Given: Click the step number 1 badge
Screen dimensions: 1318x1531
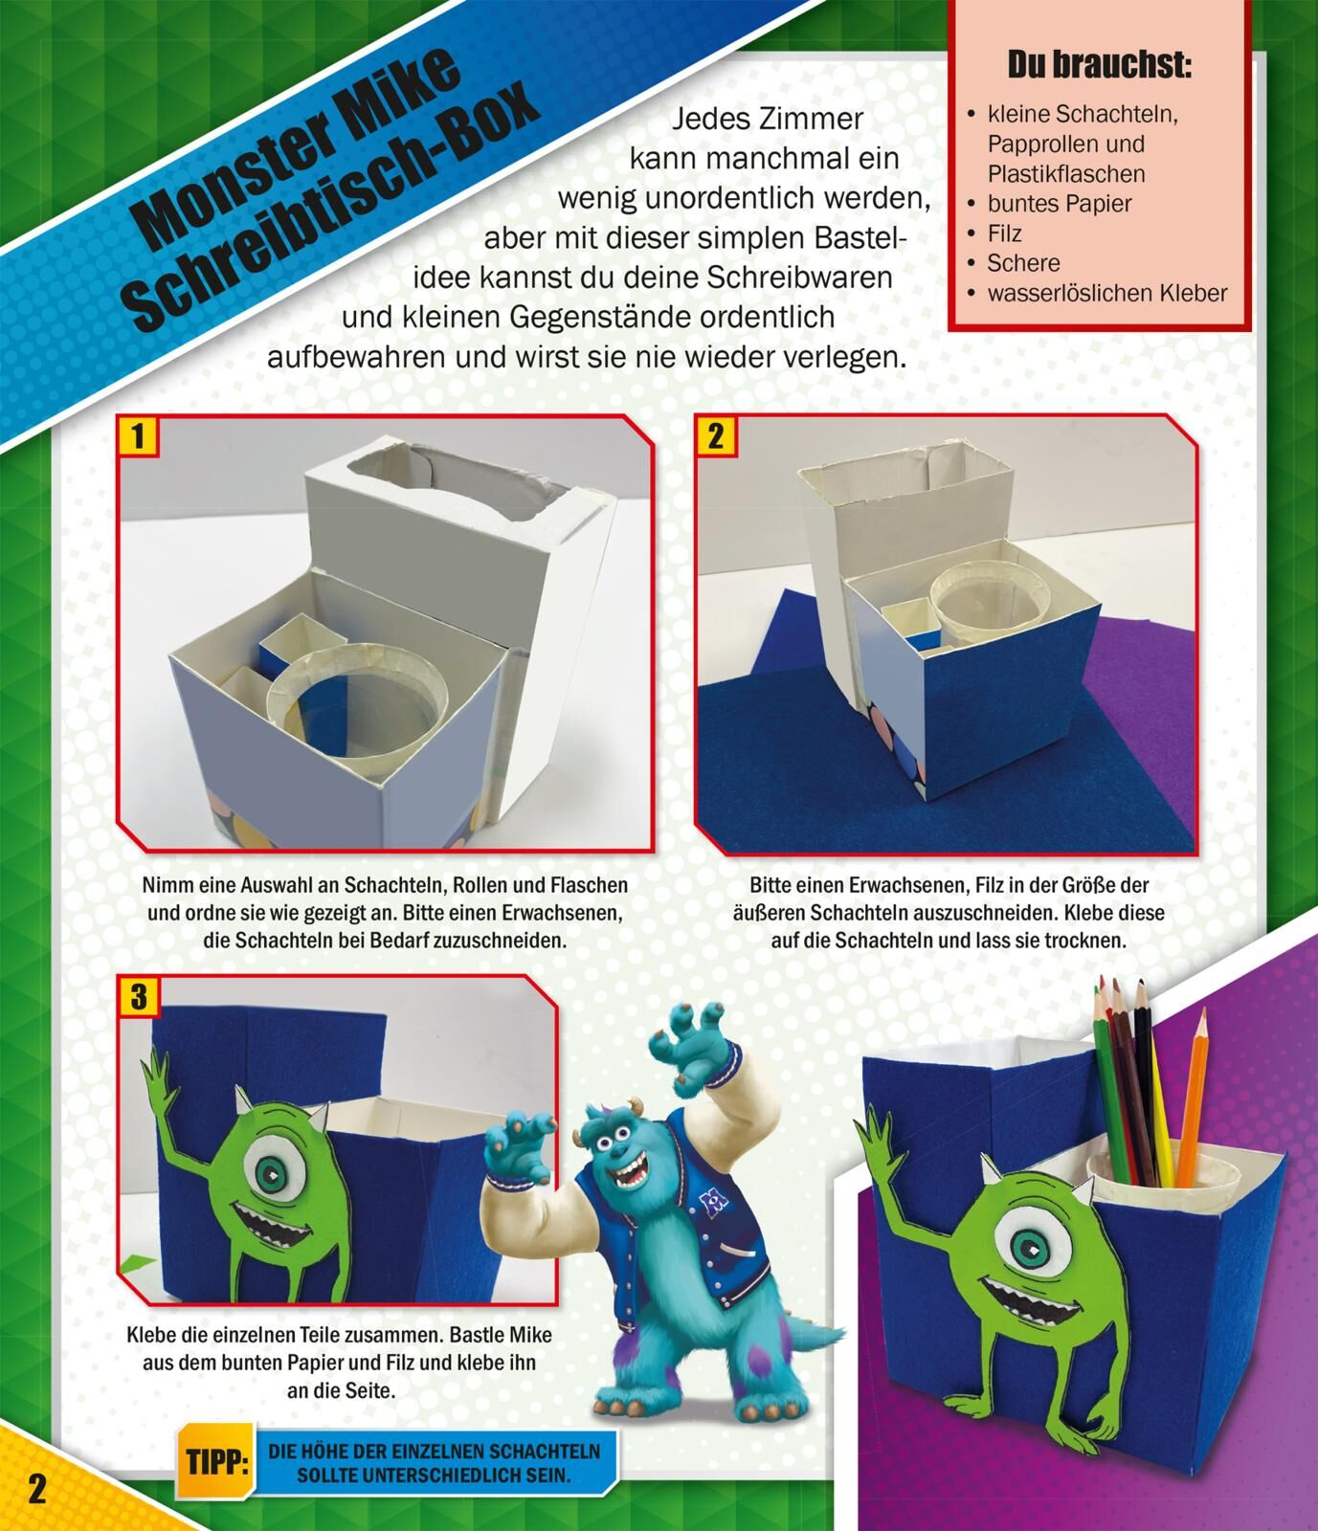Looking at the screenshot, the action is click(x=138, y=436).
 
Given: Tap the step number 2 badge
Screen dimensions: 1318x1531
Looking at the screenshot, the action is click(x=715, y=436).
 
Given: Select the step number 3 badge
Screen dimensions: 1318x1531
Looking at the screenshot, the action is click(x=138, y=997).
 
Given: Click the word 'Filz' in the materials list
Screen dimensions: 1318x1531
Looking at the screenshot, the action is click(x=1004, y=233).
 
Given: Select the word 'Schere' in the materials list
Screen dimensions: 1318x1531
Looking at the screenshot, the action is click(x=1023, y=263).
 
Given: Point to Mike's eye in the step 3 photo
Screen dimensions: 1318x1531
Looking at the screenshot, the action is click(x=273, y=1171).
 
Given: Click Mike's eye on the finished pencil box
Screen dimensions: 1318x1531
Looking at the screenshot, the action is click(x=1028, y=1246).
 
